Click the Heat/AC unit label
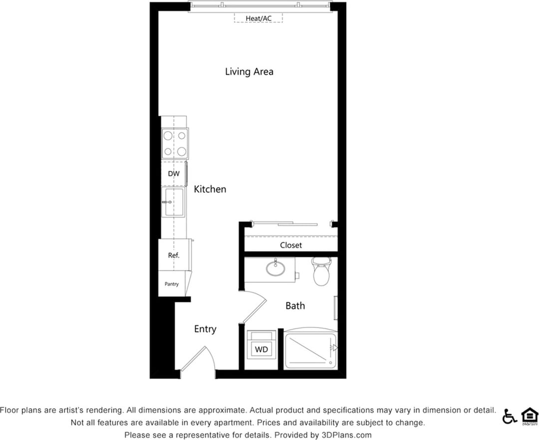[259, 18]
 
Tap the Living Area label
[249, 72]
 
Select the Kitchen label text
[210, 190]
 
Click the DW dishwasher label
[173, 174]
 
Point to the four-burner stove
[175, 143]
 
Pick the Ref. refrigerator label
[173, 255]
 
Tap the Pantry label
[172, 284]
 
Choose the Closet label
[290, 245]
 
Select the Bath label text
[295, 306]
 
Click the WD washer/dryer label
[262, 350]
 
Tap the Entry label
[205, 329]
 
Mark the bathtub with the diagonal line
[310, 349]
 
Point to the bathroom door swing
[256, 307]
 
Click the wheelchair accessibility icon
[509, 416]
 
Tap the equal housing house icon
[529, 416]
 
